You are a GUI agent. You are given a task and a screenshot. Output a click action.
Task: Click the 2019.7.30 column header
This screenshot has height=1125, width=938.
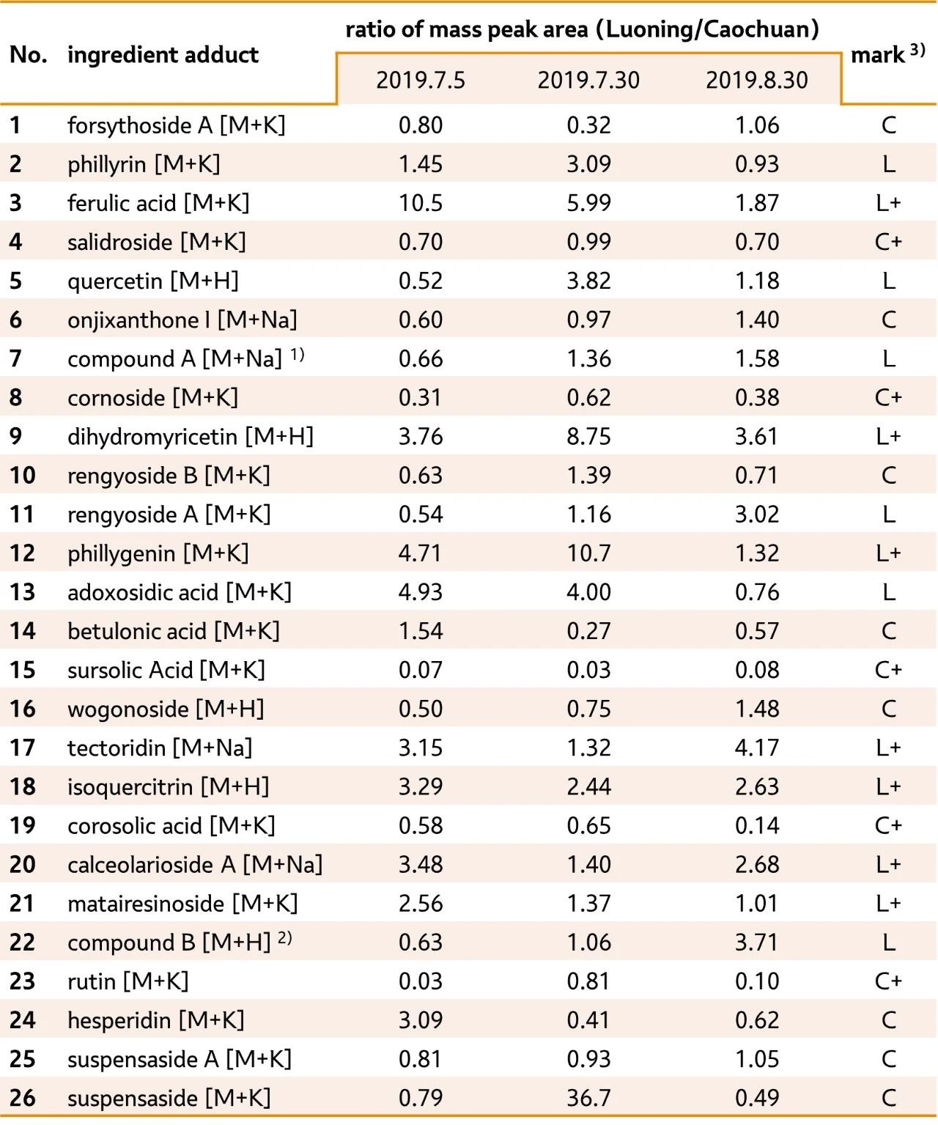pyautogui.click(x=588, y=80)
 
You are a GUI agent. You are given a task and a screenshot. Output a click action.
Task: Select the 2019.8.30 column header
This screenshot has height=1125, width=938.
pyautogui.click(x=757, y=80)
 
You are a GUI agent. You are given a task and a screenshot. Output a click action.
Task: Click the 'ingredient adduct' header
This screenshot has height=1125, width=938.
pyautogui.click(x=163, y=55)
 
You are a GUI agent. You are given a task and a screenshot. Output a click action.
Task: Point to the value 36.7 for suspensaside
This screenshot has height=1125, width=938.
pyautogui.click(x=588, y=1098)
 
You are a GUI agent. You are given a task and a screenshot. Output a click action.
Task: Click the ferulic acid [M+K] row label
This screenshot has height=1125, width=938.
pyautogui.click(x=158, y=203)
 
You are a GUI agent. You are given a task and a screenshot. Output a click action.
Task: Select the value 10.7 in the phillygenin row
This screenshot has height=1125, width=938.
pyautogui.click(x=588, y=553)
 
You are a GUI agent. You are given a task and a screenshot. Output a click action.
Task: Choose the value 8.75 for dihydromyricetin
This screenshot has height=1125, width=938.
pyautogui.click(x=588, y=437)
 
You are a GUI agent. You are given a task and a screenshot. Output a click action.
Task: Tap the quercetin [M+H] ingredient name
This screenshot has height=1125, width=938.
pyautogui.click(x=153, y=281)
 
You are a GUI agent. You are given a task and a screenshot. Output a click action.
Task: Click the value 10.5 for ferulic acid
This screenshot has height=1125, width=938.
pyautogui.click(x=421, y=203)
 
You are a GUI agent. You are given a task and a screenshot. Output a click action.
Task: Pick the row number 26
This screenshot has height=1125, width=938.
pyautogui.click(x=23, y=1098)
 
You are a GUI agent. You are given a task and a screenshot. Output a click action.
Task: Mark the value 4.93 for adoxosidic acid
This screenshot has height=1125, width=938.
pyautogui.click(x=421, y=592)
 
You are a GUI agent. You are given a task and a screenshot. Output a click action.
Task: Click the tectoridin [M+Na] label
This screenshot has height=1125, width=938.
pyautogui.click(x=160, y=748)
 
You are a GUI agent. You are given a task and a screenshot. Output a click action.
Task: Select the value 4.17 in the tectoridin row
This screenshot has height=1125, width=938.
pyautogui.click(x=757, y=748)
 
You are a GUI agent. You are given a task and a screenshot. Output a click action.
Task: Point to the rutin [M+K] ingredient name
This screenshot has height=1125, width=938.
pyautogui.click(x=128, y=981)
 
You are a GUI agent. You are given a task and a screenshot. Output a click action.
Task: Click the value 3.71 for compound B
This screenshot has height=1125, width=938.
pyautogui.click(x=757, y=943)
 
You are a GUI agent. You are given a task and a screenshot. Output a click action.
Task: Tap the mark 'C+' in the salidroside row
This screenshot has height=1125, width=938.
pyautogui.click(x=888, y=242)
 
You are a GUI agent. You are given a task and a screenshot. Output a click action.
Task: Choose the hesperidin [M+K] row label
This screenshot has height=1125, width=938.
pyautogui.click(x=156, y=1020)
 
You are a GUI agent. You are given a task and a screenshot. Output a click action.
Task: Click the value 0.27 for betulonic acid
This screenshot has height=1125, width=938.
pyautogui.click(x=588, y=631)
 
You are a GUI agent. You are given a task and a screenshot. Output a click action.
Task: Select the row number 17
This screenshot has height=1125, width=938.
pyautogui.click(x=23, y=748)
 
